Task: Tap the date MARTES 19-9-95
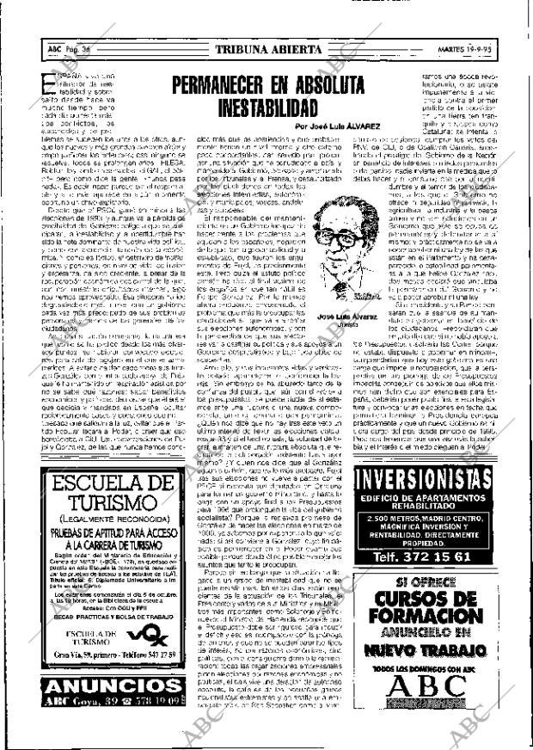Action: [x=487, y=49]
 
